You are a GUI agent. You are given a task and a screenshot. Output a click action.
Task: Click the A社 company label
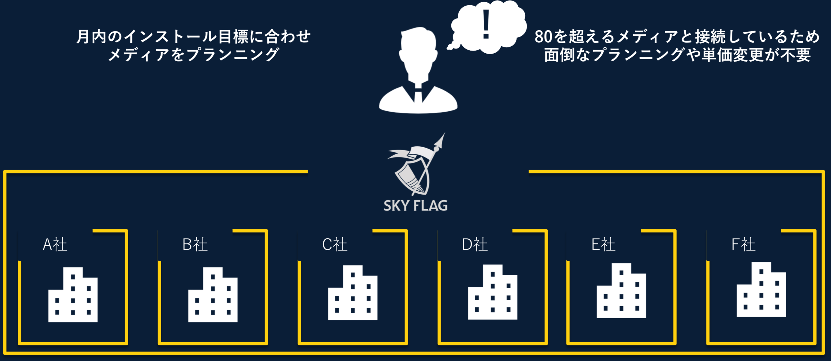pyautogui.click(x=55, y=244)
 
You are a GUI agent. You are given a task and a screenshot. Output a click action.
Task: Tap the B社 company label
pyautogui.click(x=195, y=244)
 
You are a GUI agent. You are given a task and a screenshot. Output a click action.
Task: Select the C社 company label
pyautogui.click(x=335, y=244)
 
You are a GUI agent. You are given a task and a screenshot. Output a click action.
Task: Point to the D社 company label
pyautogui.click(x=475, y=244)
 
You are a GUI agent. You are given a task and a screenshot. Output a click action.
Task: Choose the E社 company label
pyautogui.click(x=603, y=244)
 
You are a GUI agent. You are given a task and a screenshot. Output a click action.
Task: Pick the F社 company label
pyautogui.click(x=743, y=244)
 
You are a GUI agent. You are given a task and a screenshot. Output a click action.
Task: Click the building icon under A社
pyautogui.click(x=73, y=295)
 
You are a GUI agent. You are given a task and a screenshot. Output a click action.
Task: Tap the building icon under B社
pyautogui.click(x=213, y=295)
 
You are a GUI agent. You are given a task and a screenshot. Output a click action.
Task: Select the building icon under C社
pyautogui.click(x=353, y=293)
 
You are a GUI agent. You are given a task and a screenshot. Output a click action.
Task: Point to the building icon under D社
pyautogui.click(x=493, y=292)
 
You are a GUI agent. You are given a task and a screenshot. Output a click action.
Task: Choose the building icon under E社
pyautogui.click(x=621, y=291)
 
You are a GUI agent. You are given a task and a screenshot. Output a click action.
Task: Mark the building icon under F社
pyautogui.click(x=761, y=290)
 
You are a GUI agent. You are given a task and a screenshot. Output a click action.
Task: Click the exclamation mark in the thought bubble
pyautogui.click(x=486, y=24)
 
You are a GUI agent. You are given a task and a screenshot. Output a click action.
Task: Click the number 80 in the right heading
pyautogui.click(x=543, y=37)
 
